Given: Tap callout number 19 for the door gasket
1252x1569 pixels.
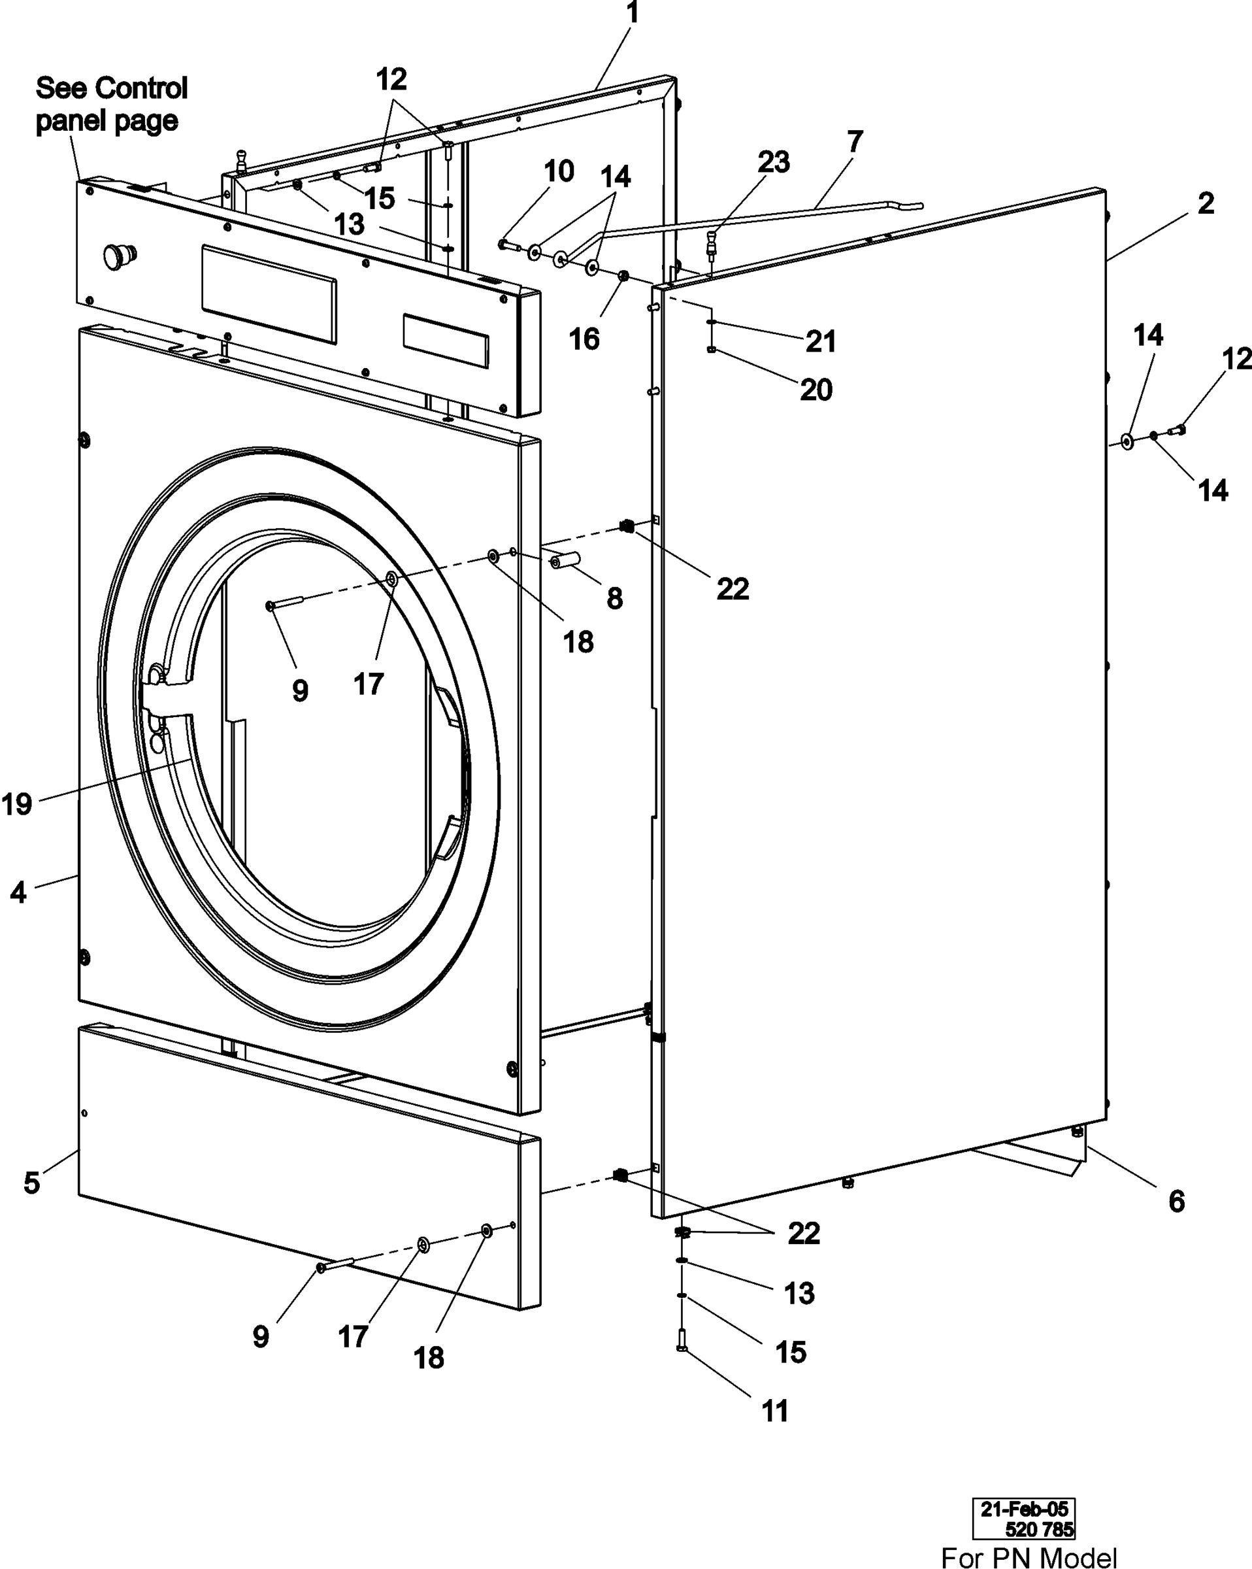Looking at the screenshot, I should pyautogui.click(x=17, y=804).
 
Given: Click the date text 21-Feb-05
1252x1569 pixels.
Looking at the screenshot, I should pyautogui.click(x=1023, y=1509).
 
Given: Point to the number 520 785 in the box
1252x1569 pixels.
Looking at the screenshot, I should pyautogui.click(x=1039, y=1529).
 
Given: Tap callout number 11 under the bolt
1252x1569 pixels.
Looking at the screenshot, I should pyautogui.click(x=775, y=1411).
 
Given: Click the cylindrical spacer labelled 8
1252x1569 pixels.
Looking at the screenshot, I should pyautogui.click(x=565, y=560).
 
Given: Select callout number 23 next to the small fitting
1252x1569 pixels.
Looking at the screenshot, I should pyautogui.click(x=772, y=161).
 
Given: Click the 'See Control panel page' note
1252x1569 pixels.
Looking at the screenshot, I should pyautogui.click(x=110, y=104).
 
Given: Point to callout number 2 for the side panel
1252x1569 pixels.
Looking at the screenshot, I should pyautogui.click(x=1206, y=203).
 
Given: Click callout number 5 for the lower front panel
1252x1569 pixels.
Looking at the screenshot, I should pyautogui.click(x=31, y=1183).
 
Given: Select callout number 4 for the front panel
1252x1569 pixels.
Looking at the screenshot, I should pyautogui.click(x=18, y=892).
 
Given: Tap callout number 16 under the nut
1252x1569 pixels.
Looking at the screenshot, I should pyautogui.click(x=584, y=339).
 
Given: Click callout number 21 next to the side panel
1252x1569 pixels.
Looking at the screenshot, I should pyautogui.click(x=821, y=341).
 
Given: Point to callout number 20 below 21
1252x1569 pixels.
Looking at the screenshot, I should pyautogui.click(x=815, y=390).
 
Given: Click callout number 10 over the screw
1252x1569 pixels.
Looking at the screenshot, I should pyautogui.click(x=559, y=171).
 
